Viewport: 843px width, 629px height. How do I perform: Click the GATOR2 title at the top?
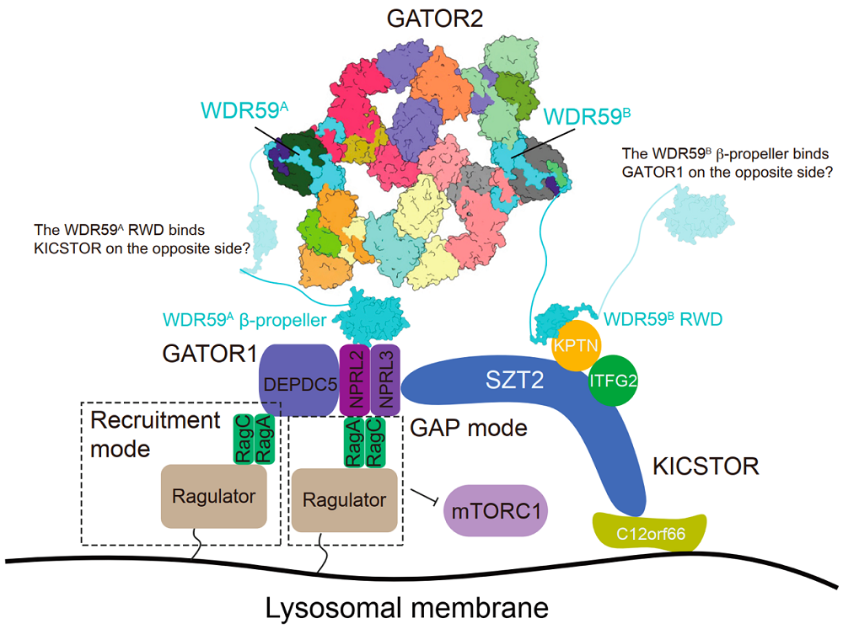[434, 19]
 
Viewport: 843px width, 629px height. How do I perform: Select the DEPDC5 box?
[299, 381]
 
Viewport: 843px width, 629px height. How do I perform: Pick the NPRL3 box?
[385, 381]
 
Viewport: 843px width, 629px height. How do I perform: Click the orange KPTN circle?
[576, 345]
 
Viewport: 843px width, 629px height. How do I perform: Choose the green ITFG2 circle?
[613, 381]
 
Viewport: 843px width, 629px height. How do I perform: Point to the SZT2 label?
[514, 380]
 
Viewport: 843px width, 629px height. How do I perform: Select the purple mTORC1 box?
[495, 511]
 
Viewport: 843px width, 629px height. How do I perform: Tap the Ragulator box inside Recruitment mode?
[214, 496]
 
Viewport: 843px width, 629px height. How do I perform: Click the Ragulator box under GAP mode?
[344, 500]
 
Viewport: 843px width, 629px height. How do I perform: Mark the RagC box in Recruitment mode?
[244, 440]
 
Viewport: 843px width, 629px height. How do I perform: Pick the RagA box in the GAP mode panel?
[354, 443]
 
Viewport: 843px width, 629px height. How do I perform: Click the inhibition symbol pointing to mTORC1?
[426, 497]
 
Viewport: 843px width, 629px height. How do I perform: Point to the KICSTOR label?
[706, 466]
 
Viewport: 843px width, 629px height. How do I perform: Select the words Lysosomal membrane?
[407, 608]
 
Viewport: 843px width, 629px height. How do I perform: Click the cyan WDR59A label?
[244, 110]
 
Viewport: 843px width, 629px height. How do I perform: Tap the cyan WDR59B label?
[587, 116]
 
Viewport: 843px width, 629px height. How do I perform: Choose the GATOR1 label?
[210, 354]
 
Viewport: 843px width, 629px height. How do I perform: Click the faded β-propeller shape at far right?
[695, 213]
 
